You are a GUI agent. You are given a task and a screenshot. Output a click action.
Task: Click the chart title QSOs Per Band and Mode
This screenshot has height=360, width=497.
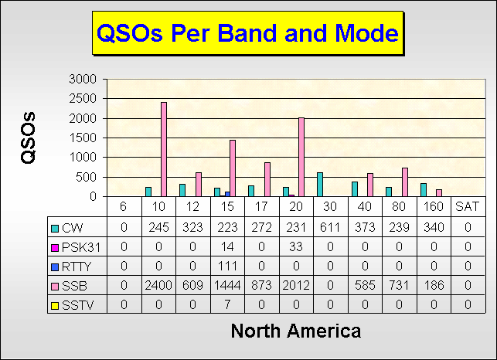pyautogui.click(x=247, y=33)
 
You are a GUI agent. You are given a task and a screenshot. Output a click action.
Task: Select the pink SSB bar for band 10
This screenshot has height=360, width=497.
pyautogui.click(x=164, y=149)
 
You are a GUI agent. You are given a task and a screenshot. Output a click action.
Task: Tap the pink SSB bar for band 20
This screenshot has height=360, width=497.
pyautogui.click(x=301, y=157)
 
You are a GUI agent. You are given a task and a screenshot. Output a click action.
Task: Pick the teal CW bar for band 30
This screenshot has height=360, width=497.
pyautogui.click(x=320, y=185)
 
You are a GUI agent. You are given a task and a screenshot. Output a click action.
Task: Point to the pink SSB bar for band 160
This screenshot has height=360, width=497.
pyautogui.click(x=439, y=193)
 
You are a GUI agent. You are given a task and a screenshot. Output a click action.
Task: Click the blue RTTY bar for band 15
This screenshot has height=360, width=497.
pyautogui.click(x=227, y=194)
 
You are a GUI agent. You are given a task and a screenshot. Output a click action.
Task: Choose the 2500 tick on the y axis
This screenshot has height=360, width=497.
pyautogui.click(x=83, y=99)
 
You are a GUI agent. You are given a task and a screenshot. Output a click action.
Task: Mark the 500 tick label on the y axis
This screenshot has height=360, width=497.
pyautogui.click(x=86, y=177)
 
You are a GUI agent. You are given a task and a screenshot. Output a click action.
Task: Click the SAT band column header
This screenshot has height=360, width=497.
pyautogui.click(x=467, y=206)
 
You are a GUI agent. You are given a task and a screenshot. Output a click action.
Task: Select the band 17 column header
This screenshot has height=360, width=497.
pyautogui.click(x=261, y=206)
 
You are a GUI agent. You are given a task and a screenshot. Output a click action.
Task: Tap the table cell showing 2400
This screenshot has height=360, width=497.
pyautogui.click(x=158, y=286)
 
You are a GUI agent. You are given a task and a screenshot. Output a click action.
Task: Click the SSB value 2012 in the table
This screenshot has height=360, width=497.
pyautogui.click(x=296, y=286)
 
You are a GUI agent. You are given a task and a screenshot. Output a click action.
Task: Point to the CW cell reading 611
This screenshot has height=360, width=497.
pyautogui.click(x=330, y=227)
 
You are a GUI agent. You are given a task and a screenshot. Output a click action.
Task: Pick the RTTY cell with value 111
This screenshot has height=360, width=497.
pyautogui.click(x=227, y=266)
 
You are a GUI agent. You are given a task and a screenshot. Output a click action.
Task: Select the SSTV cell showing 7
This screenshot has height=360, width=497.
pyautogui.click(x=227, y=304)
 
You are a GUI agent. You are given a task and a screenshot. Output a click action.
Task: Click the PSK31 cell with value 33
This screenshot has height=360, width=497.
pyautogui.click(x=296, y=246)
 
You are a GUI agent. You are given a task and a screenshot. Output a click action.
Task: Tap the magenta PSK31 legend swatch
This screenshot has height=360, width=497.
pyautogui.click(x=55, y=248)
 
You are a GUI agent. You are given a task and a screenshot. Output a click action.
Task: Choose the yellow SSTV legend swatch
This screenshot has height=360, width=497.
pyautogui.click(x=55, y=306)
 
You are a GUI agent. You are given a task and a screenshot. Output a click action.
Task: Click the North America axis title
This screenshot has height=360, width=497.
pyautogui.click(x=296, y=331)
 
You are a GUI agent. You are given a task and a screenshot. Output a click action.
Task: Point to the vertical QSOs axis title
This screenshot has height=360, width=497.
pyautogui.click(x=28, y=138)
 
